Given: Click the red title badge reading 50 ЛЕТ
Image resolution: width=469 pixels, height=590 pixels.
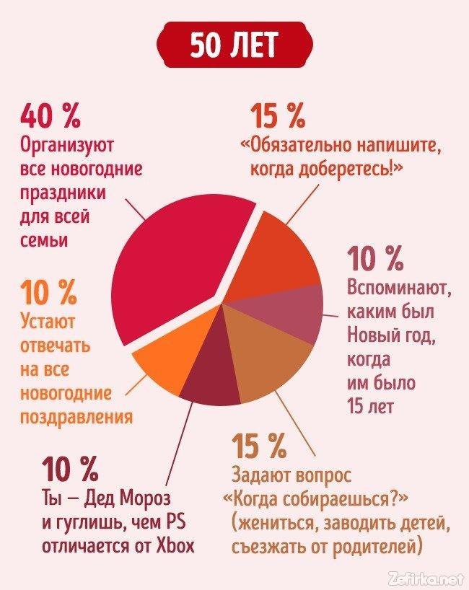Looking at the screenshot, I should click(x=234, y=46).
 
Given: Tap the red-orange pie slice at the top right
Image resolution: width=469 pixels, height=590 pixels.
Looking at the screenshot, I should click(x=278, y=249).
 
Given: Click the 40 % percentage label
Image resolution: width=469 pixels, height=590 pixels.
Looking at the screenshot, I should click(x=51, y=115).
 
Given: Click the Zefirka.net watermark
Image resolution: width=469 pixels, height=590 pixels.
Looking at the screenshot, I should click(x=426, y=577).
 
